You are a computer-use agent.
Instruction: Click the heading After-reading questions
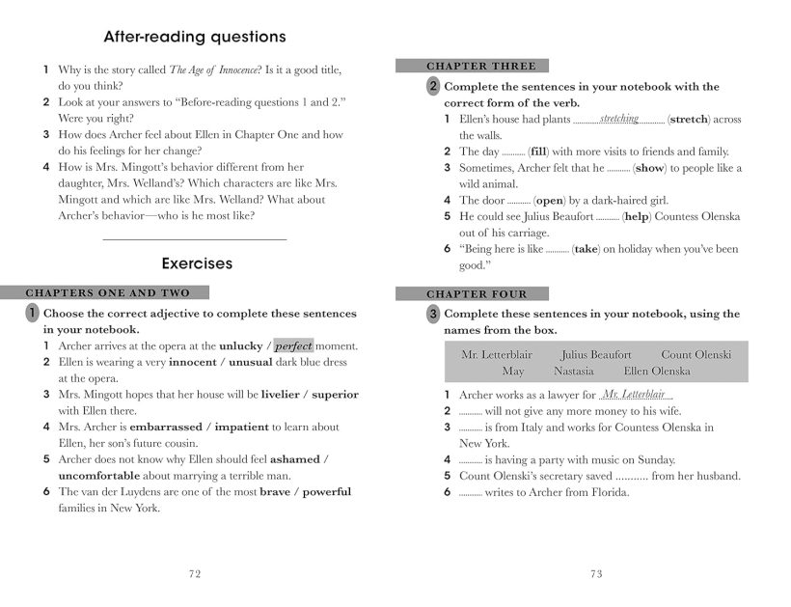[x=195, y=38]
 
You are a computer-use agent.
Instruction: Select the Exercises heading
[x=197, y=262]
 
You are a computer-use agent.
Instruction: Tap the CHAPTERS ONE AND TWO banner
[x=108, y=293]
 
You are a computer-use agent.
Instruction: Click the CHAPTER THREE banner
[x=480, y=67]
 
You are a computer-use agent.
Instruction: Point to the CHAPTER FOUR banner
[x=477, y=294]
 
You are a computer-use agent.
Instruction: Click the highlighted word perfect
[x=293, y=345]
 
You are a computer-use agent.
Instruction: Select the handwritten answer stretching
[x=618, y=119]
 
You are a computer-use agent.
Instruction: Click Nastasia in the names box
[x=573, y=371]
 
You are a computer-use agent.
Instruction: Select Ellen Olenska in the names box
[x=657, y=371]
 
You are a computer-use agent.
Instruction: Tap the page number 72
[x=194, y=573]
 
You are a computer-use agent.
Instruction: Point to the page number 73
[x=595, y=573]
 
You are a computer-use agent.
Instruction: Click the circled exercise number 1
[x=32, y=313]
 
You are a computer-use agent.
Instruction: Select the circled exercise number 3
[x=433, y=314]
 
